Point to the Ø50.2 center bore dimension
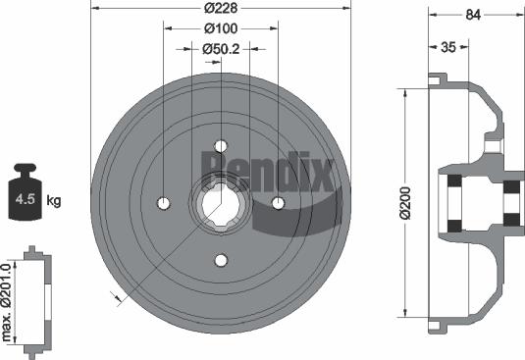[222, 49]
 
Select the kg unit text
[55, 201]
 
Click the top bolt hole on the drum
[221, 146]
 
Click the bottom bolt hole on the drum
[221, 260]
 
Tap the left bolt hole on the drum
[164, 203]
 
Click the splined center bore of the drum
[221, 203]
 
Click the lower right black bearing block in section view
[510, 223]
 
